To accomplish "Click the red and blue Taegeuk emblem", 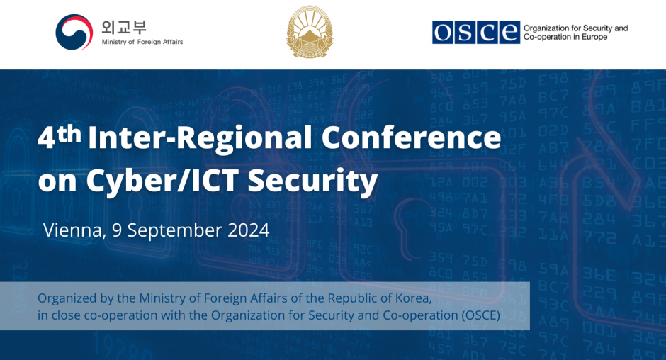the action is pos(74,32).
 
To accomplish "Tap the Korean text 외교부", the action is pos(124,27).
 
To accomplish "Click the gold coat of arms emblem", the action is pos(310,31).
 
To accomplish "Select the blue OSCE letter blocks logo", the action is pos(475,33).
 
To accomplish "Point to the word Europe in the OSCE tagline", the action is pos(594,38).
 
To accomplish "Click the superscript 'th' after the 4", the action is pos(69,135).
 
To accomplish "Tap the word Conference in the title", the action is pos(411,137).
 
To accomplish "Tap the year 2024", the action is pos(249,230).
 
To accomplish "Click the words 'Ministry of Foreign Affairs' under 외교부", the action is pos(142,42).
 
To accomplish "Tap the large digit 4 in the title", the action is pos(46,138).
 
